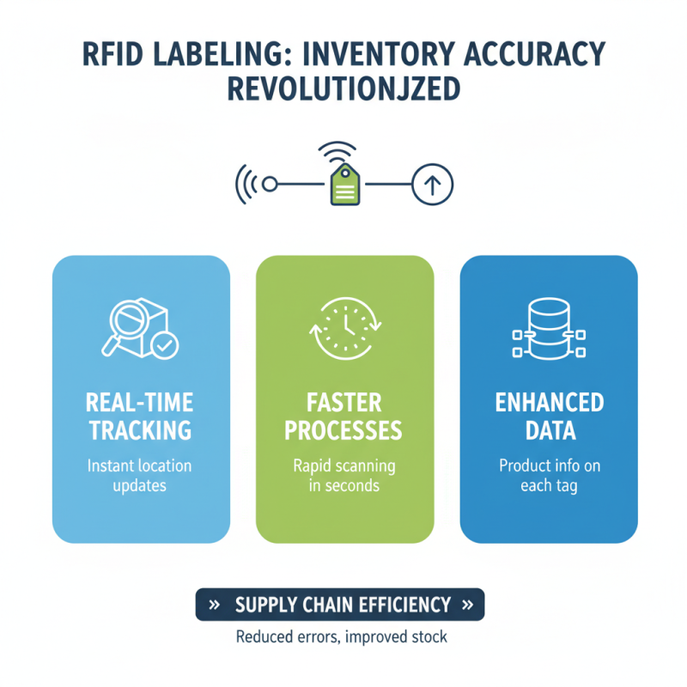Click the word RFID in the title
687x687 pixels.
(117, 53)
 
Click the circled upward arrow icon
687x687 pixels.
(433, 184)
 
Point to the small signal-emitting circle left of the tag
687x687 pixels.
(269, 184)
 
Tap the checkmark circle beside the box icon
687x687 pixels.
(164, 345)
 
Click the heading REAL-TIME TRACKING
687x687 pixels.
(141, 416)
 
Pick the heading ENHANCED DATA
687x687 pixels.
(549, 416)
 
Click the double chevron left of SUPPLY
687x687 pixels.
(215, 605)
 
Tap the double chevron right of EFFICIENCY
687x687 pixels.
(467, 605)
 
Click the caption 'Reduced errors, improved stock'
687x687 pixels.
(341, 638)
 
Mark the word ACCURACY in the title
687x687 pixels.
(518, 53)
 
